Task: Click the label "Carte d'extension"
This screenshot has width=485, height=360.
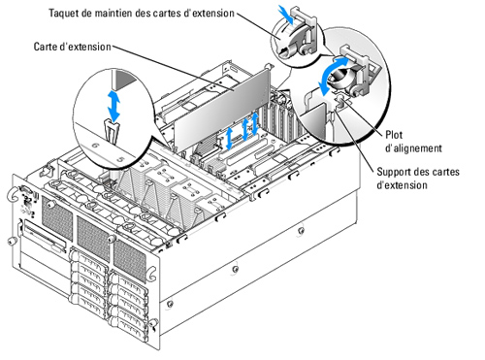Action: (73, 47)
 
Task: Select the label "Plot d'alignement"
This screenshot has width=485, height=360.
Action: (413, 142)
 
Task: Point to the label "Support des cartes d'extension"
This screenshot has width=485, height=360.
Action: (418, 179)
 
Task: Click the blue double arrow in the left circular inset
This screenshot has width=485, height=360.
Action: (113, 106)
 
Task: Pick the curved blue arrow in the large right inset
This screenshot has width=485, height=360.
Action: (333, 75)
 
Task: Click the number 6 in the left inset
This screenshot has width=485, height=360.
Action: (96, 146)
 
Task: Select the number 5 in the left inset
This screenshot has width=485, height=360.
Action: (120, 159)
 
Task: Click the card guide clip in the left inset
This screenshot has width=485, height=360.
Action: (112, 130)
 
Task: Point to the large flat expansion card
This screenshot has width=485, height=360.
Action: (222, 109)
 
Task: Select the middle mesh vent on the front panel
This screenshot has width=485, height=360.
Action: (93, 237)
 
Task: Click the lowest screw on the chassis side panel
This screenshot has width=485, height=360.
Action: (170, 304)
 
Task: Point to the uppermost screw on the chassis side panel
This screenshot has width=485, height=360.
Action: (302, 231)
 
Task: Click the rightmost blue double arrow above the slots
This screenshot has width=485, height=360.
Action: (255, 124)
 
